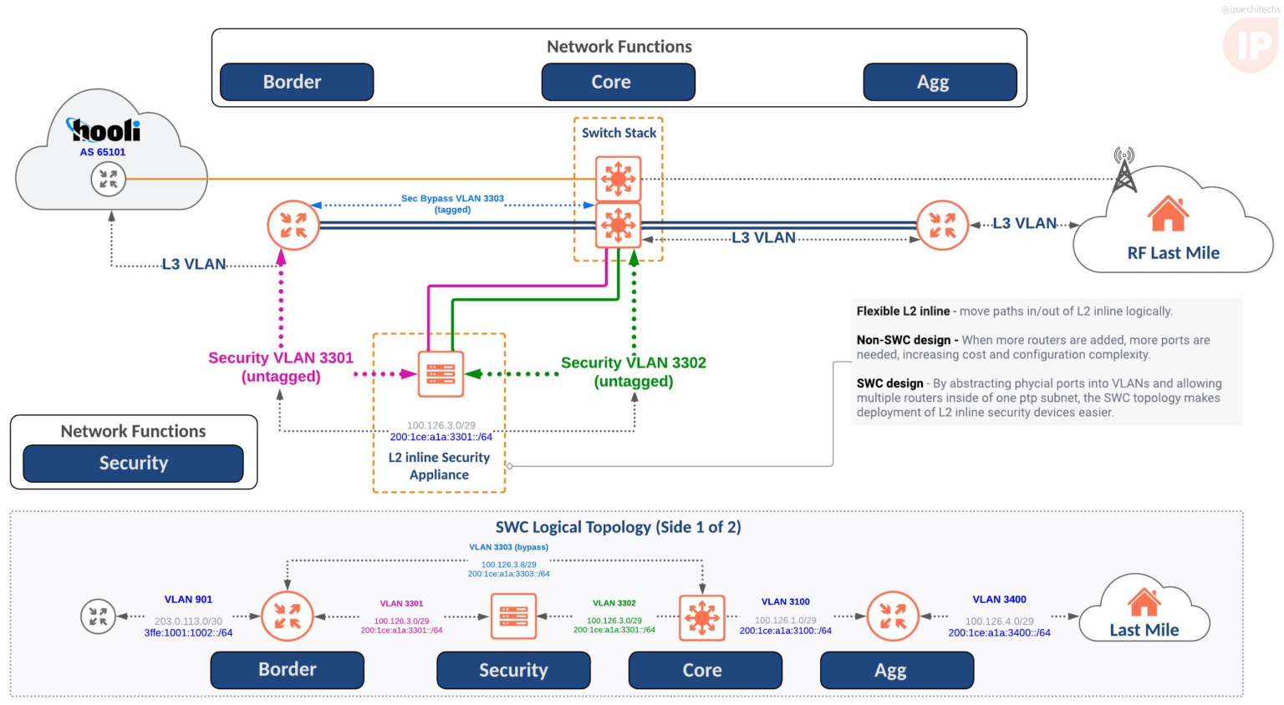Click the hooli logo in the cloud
[x=104, y=130]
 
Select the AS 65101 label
[x=103, y=152]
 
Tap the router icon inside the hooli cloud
[x=108, y=179]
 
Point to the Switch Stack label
[x=619, y=133]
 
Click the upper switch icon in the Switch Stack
[x=618, y=178]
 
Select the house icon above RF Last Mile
[x=1168, y=214]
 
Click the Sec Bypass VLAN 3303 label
[x=452, y=199]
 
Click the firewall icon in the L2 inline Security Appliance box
[x=440, y=373]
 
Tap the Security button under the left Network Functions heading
[x=133, y=464]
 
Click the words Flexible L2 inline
[x=903, y=311]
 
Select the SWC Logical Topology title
[x=618, y=527]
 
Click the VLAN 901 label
[x=188, y=599]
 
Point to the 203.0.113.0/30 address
[x=188, y=621]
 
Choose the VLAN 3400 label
[x=999, y=599]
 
